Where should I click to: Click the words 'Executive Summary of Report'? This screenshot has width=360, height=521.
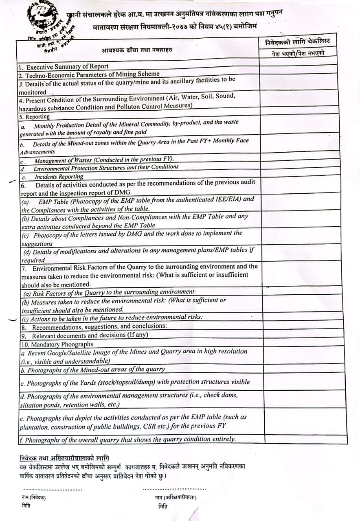[x=67, y=66]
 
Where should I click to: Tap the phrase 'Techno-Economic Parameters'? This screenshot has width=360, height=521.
[x=65, y=74]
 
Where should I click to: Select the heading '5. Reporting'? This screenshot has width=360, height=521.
[x=35, y=117]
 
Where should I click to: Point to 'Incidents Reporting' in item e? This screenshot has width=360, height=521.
[x=59, y=177]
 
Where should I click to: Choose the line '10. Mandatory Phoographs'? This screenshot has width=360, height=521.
[x=57, y=344]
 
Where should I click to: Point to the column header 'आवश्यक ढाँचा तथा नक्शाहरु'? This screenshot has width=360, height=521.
[x=137, y=50]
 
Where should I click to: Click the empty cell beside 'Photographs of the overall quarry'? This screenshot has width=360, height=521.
[x=305, y=439]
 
